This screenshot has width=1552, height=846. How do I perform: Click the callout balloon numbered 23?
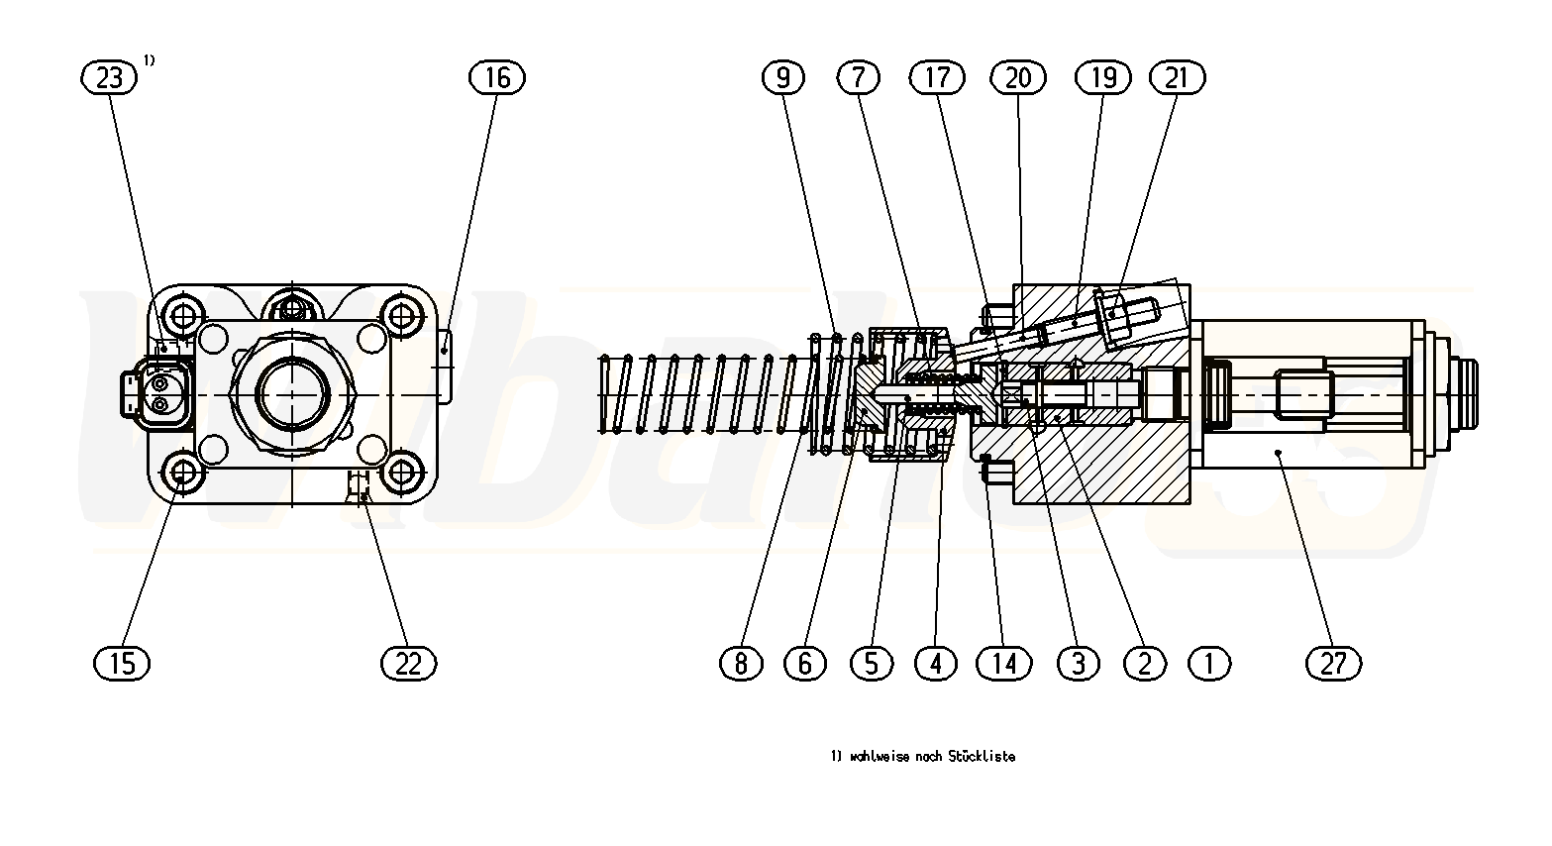point(108,77)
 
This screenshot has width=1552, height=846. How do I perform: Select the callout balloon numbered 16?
point(497,77)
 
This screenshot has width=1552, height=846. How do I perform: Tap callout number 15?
point(122,662)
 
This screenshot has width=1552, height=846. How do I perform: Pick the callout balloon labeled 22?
point(408,662)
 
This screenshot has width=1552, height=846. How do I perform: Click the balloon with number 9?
point(783,77)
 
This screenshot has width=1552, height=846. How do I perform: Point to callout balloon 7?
point(858,77)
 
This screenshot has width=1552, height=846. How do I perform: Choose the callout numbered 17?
point(937,77)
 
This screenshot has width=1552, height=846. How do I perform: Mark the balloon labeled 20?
point(1018,77)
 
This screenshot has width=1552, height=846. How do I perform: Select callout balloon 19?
point(1102,77)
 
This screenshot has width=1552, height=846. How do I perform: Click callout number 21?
point(1176,77)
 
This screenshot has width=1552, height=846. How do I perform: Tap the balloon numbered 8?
point(741,662)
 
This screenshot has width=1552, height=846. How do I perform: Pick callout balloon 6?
point(804,662)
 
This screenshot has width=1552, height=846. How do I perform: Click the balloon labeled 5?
point(872,662)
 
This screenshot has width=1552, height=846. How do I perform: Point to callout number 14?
point(1004,662)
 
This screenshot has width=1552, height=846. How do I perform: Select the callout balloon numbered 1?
point(1208,662)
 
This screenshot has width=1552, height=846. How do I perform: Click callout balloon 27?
point(1333,662)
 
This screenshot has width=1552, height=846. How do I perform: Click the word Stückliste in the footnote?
point(982,757)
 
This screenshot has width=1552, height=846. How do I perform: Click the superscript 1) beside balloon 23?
point(149,60)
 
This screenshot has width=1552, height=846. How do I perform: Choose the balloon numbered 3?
point(1078,662)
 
